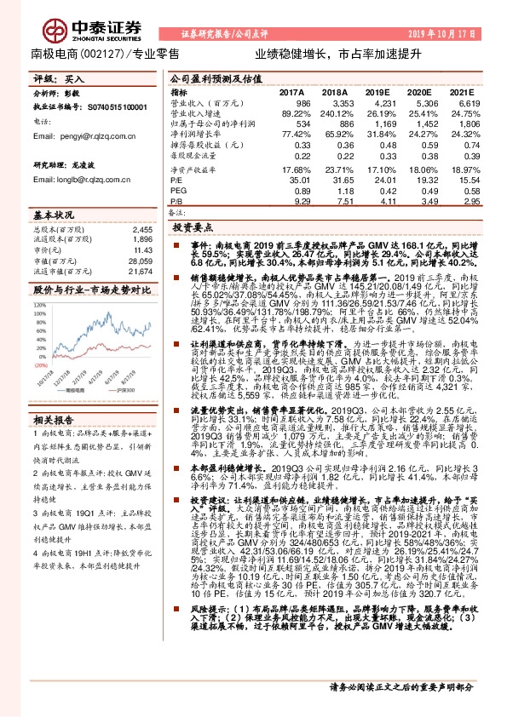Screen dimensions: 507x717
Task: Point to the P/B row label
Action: pos(176,201)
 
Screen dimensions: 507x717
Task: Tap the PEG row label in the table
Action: pos(178,191)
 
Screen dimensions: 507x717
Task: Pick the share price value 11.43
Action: pos(141,250)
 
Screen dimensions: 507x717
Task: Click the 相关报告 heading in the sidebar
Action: pos(50,420)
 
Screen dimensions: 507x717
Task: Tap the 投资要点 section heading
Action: pos(193,229)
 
